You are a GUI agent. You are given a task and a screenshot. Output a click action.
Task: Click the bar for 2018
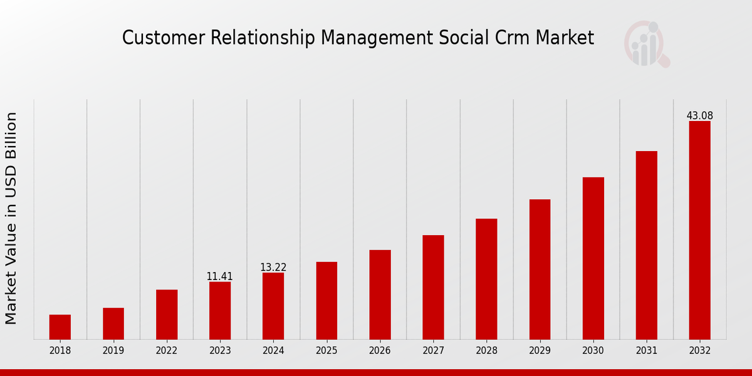click(x=60, y=327)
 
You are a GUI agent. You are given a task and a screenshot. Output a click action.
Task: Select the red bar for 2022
click(x=167, y=315)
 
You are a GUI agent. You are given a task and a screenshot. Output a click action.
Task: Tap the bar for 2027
click(x=433, y=288)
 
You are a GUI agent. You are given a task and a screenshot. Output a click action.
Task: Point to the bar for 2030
click(x=593, y=258)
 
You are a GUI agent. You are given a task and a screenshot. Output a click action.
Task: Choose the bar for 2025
click(x=326, y=301)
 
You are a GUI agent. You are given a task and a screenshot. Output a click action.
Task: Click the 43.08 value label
click(x=699, y=116)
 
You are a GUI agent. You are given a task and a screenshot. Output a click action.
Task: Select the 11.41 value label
click(x=220, y=276)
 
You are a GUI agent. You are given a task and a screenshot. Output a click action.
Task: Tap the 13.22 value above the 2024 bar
click(x=273, y=268)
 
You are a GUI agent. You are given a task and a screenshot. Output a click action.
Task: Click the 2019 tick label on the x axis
click(x=113, y=351)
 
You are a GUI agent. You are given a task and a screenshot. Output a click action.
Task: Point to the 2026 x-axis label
click(x=380, y=351)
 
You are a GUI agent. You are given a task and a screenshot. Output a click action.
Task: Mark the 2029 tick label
click(x=540, y=351)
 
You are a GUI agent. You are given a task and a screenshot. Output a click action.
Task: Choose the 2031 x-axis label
click(x=646, y=351)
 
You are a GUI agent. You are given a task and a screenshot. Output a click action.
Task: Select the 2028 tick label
click(x=486, y=351)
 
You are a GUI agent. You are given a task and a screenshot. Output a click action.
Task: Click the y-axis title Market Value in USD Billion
click(x=11, y=218)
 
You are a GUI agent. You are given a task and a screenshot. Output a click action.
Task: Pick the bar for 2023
click(x=220, y=311)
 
